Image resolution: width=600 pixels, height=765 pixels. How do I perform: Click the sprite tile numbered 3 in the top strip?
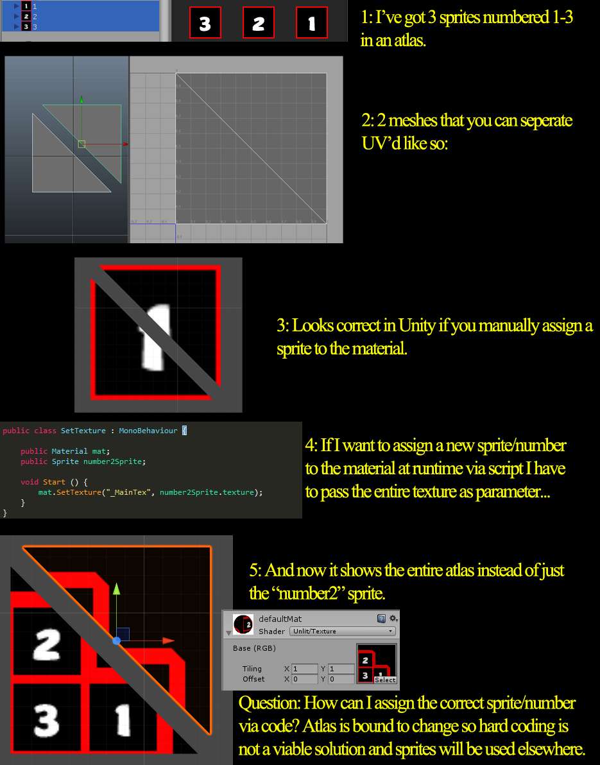(x=205, y=24)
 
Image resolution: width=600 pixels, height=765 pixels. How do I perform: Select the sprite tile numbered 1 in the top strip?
(x=312, y=24)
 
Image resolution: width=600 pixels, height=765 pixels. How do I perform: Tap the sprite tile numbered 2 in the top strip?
(x=259, y=24)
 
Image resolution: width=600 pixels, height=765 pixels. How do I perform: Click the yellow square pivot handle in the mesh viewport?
(x=81, y=144)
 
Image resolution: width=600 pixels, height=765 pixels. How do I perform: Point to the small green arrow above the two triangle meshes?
(x=81, y=99)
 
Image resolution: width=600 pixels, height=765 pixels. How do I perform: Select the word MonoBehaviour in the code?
(x=148, y=431)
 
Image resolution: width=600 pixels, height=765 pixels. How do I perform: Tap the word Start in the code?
(x=54, y=482)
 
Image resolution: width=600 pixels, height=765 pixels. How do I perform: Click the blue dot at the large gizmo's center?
(x=116, y=640)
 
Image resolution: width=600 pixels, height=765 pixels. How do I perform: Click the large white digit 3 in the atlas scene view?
(x=46, y=720)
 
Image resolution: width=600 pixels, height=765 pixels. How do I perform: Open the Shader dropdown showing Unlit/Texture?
(x=343, y=632)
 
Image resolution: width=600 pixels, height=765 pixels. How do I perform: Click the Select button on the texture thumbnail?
(x=385, y=680)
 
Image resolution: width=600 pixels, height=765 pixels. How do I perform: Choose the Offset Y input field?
(x=341, y=679)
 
